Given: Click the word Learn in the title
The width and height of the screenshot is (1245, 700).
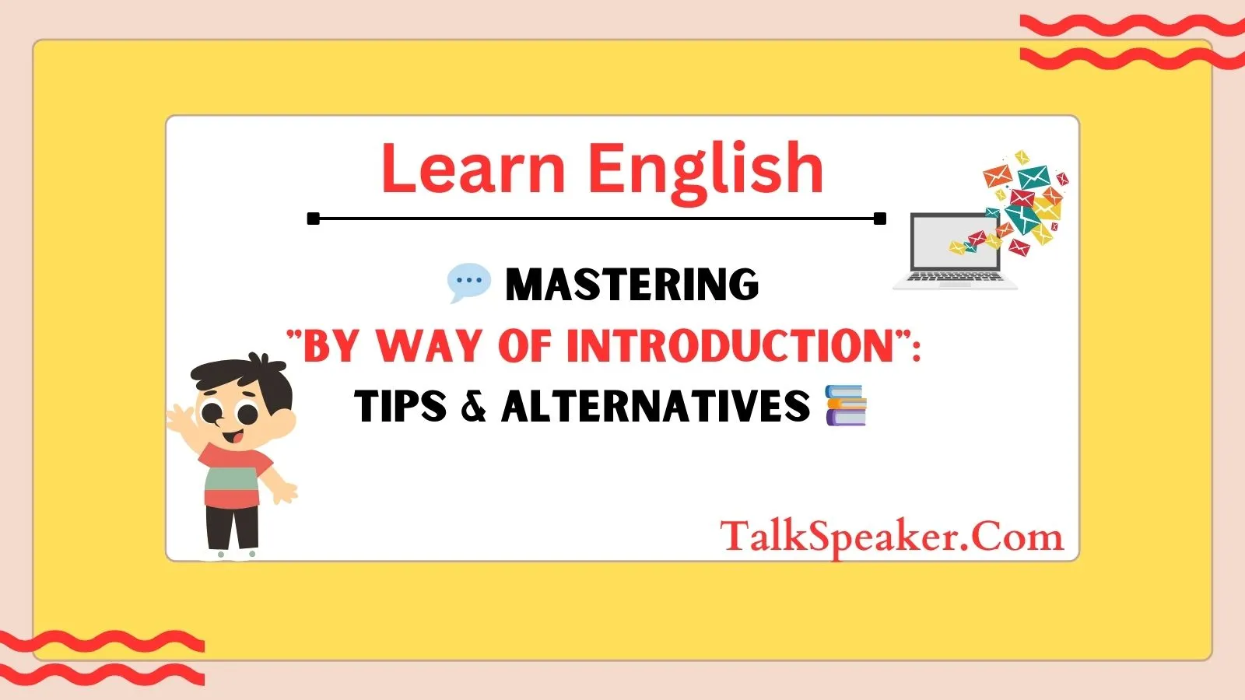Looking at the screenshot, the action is [x=474, y=167].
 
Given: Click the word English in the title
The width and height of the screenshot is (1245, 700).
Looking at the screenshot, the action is [x=706, y=171].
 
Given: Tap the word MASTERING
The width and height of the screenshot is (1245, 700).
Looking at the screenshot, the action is [x=632, y=285].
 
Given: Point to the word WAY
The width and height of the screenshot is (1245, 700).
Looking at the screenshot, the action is [x=429, y=345].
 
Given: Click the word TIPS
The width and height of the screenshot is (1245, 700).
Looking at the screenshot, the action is [x=401, y=405].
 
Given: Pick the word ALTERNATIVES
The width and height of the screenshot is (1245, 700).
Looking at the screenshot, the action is [x=656, y=405].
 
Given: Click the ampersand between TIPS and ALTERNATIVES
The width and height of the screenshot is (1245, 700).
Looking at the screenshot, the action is [x=474, y=405].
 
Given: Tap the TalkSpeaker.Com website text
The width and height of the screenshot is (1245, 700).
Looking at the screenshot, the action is [x=892, y=537].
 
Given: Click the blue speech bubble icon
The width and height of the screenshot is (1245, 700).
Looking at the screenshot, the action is [x=469, y=283].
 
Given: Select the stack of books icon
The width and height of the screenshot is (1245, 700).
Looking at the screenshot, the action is [x=846, y=405].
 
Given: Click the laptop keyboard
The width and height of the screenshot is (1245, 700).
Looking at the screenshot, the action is [x=955, y=277].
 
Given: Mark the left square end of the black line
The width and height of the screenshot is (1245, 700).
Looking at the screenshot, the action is [x=314, y=219].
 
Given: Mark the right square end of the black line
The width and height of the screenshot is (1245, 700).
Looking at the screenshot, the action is [x=880, y=219].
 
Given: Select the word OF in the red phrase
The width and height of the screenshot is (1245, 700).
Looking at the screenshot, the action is [x=524, y=345].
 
